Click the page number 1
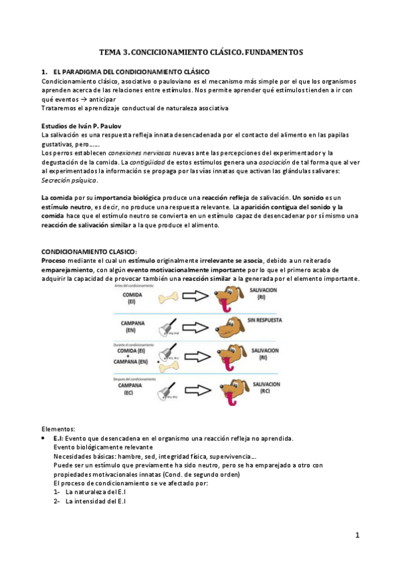(x=357, y=535)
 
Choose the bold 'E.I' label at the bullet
(x=58, y=439)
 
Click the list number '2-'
(x=57, y=501)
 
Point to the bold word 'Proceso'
(x=53, y=261)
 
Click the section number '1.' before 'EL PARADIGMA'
(x=45, y=71)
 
